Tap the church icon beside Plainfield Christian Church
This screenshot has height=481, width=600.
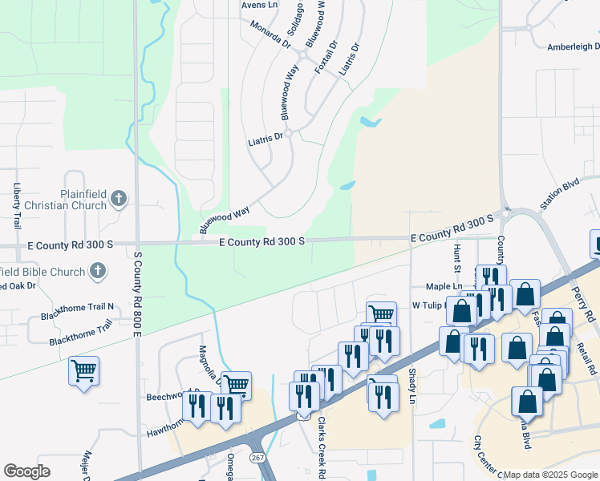pyautogui.click(x=118, y=197)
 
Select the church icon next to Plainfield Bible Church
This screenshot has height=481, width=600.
pyautogui.click(x=98, y=271)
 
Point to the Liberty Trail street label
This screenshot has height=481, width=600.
pyautogui.click(x=17, y=206)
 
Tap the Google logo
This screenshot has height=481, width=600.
pyautogui.click(x=26, y=471)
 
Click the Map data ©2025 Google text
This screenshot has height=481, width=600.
pyautogui.click(x=550, y=475)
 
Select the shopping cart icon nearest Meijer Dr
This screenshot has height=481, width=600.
pyautogui.click(x=83, y=371)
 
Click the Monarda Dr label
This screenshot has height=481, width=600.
pyautogui.click(x=270, y=38)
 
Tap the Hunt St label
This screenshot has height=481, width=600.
pyautogui.click(x=457, y=261)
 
